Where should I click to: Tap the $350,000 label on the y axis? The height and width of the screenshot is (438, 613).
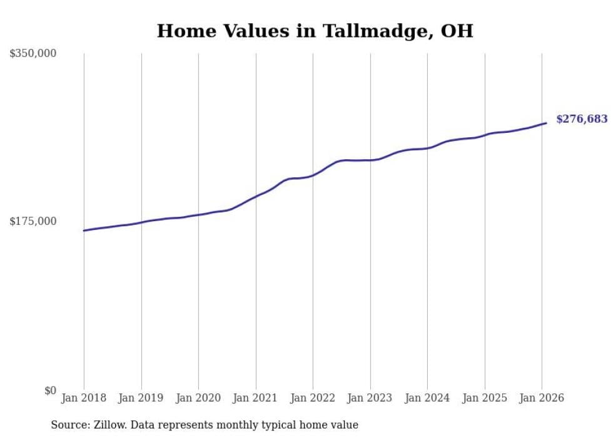point(33,54)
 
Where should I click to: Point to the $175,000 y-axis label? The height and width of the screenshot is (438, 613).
point(33,221)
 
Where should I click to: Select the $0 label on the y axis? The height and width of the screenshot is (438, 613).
point(50,390)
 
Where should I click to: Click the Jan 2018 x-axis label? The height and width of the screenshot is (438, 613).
point(84,399)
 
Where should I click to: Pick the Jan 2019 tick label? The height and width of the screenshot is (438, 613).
point(141,399)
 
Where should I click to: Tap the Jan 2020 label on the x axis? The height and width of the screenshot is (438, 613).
point(198,399)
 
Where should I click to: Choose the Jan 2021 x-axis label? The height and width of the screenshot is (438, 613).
point(256,399)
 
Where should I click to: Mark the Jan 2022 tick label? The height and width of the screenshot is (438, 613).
point(313,399)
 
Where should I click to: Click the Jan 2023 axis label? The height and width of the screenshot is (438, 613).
point(370,399)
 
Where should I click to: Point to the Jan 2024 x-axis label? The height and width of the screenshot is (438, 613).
point(427,399)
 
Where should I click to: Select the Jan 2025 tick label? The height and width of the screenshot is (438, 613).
point(485,399)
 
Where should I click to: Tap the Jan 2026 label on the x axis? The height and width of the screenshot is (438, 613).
point(542,399)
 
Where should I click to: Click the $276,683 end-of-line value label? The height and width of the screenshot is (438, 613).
point(582,119)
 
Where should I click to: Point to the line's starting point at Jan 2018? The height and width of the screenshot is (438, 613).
point(84,231)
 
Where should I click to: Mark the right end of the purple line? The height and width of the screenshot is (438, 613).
point(546,123)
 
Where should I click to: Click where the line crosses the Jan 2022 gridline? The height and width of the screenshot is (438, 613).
point(313,175)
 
